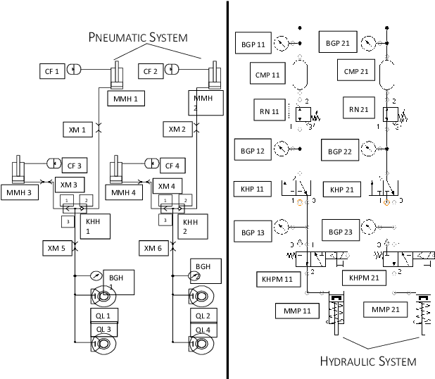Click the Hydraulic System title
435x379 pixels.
click(368, 361)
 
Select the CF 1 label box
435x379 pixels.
click(52, 70)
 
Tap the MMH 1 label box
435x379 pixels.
click(125, 99)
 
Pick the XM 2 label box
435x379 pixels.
click(177, 129)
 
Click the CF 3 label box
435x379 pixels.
click(74, 166)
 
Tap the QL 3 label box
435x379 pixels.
click(103, 329)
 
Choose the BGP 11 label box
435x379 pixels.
click(251, 44)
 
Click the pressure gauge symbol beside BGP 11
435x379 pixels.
click(283, 42)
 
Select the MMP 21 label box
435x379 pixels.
click(380, 310)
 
